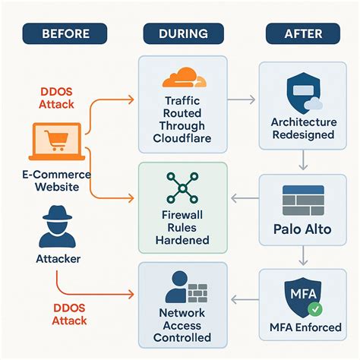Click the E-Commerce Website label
(x=54, y=181)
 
